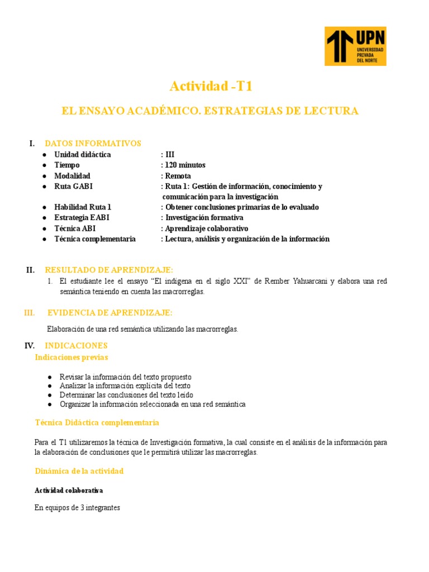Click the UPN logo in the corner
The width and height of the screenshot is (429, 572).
[x=355, y=46]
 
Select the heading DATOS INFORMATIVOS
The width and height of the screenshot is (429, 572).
[x=93, y=144]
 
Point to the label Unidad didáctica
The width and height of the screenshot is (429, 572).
[x=82, y=155]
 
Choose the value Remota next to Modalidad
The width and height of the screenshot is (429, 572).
[x=178, y=176]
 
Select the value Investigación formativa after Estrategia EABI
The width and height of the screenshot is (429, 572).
[x=204, y=218]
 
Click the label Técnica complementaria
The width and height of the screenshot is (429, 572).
[x=94, y=239]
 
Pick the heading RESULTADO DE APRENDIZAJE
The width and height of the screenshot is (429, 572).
[x=109, y=270]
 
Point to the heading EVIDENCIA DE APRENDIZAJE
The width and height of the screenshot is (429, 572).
[x=110, y=312]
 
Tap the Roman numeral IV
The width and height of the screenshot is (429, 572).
[x=30, y=346]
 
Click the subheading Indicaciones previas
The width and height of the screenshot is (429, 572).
[x=71, y=357]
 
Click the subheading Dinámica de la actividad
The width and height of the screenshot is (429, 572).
[x=79, y=471]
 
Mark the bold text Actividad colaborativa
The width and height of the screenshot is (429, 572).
[x=69, y=490]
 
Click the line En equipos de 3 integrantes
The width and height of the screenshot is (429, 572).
[x=77, y=508]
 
